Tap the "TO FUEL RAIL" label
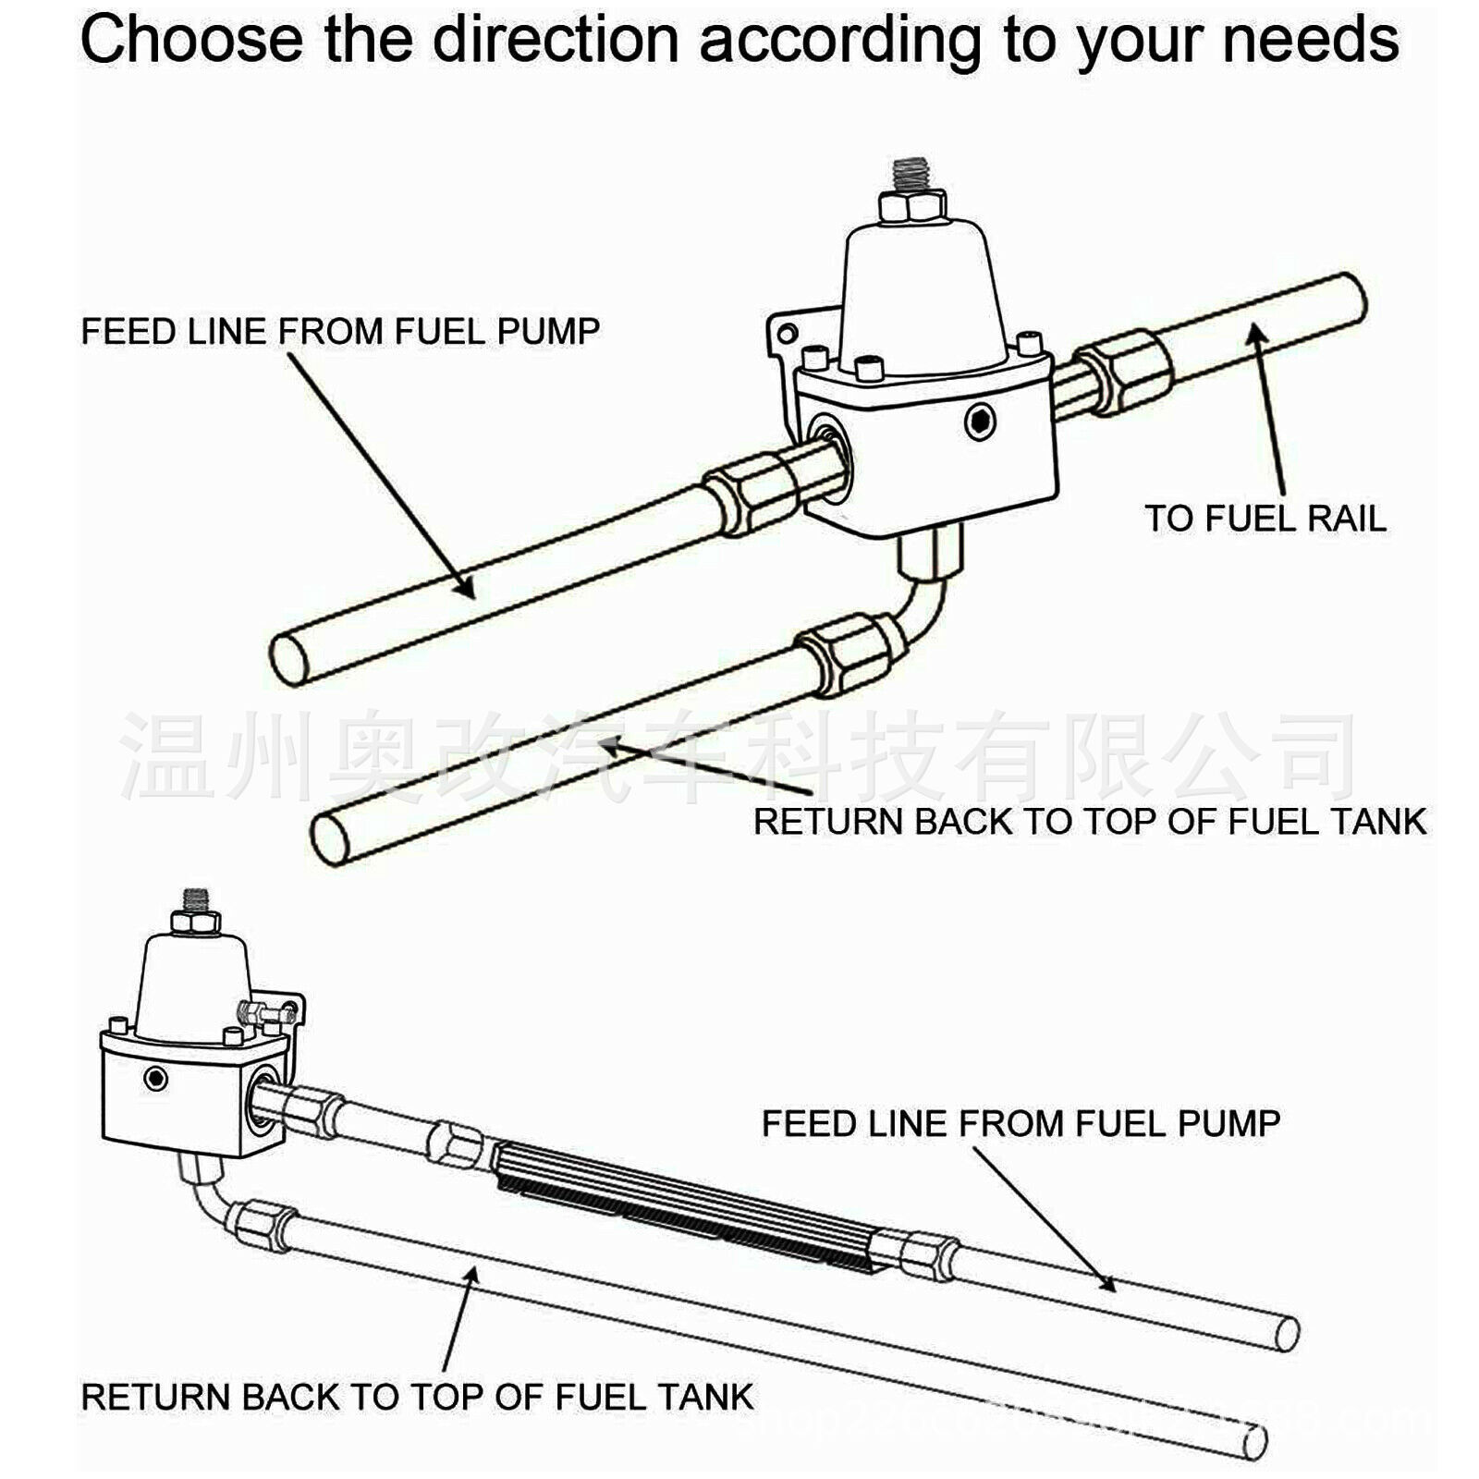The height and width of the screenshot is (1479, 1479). pyautogui.click(x=1265, y=518)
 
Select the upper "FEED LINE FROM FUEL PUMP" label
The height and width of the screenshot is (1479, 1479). pyautogui.click(x=340, y=331)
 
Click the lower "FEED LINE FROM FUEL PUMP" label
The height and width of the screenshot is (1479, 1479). pyautogui.click(x=1021, y=1123)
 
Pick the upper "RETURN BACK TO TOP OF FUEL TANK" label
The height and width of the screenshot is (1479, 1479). pyautogui.click(x=1089, y=822)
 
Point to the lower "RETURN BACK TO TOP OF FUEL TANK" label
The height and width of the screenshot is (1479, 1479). pyautogui.click(x=417, y=1397)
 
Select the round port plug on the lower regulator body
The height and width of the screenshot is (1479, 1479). pyautogui.click(x=155, y=1078)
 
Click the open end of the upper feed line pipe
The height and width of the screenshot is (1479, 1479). pyautogui.click(x=289, y=658)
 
